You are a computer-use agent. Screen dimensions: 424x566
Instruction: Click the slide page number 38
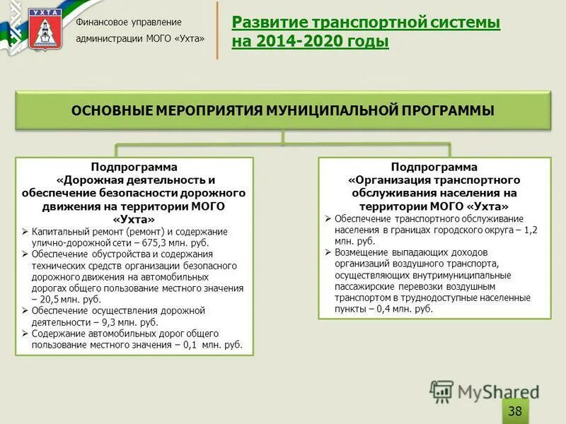click(x=515, y=411)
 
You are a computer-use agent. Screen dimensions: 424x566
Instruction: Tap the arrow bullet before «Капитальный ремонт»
click(x=25, y=231)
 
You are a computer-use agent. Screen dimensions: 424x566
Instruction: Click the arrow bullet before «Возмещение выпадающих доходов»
click(x=328, y=252)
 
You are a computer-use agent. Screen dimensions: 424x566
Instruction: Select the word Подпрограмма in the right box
click(x=434, y=167)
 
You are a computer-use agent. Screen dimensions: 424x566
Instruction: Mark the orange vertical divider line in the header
click(x=217, y=30)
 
